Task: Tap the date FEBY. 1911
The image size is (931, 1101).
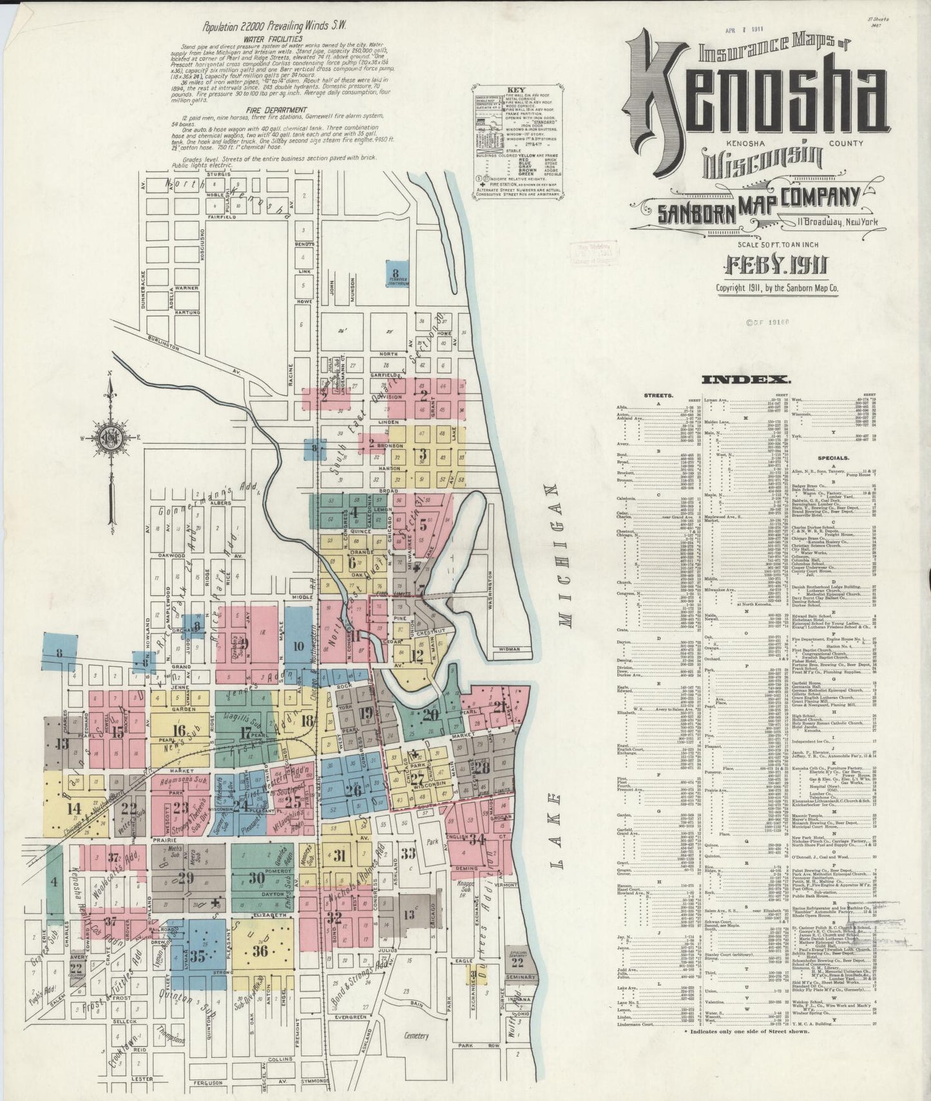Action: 776,264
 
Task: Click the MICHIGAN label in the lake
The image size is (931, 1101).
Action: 566,555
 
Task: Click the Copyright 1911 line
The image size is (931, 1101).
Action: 778,289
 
